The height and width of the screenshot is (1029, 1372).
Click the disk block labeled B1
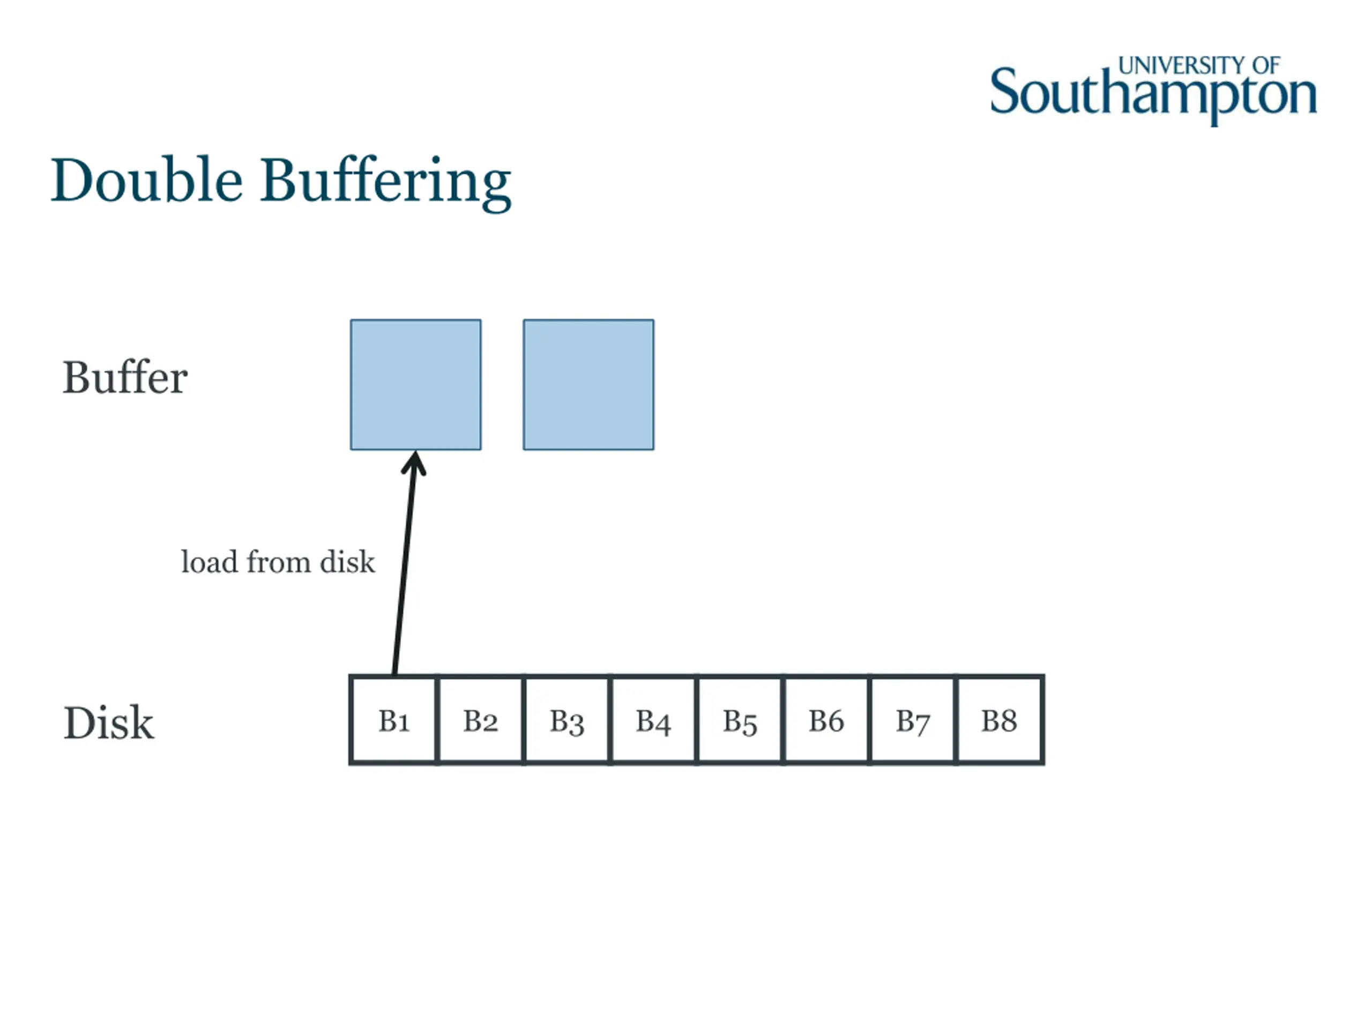tap(394, 720)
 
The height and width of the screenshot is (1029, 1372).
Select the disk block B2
tap(481, 720)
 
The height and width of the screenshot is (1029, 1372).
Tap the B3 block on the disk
tap(567, 720)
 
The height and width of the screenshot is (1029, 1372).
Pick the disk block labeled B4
tap(653, 720)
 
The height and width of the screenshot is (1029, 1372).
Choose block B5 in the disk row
tap(740, 720)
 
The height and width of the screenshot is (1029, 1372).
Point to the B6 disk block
tap(826, 720)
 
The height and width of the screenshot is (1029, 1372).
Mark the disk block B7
tap(912, 720)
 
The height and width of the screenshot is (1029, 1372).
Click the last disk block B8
tap(999, 720)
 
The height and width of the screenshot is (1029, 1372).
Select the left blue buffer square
tap(415, 385)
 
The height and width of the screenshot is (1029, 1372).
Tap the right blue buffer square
tap(588, 385)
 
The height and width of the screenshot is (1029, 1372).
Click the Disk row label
tap(109, 722)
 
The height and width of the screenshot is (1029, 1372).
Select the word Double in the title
tap(146, 181)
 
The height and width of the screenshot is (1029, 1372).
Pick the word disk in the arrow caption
tap(347, 562)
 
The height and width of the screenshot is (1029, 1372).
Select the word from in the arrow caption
tap(279, 562)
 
